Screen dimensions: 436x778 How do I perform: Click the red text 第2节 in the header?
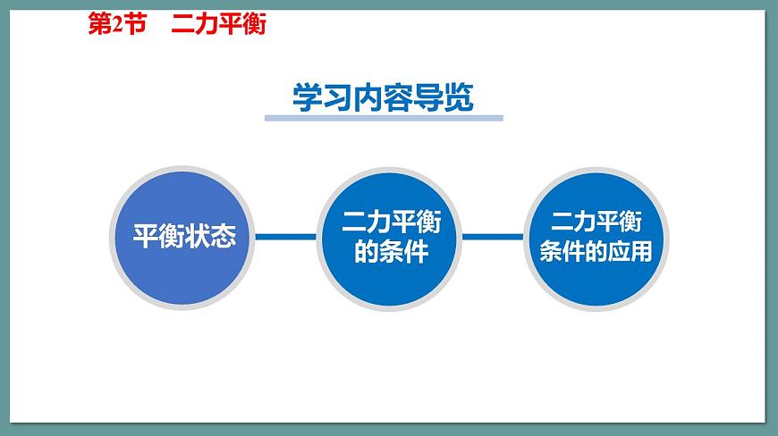(116, 25)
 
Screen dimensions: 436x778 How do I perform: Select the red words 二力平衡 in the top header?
(218, 25)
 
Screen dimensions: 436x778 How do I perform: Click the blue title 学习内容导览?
(383, 97)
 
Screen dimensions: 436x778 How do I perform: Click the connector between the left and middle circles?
(286, 237)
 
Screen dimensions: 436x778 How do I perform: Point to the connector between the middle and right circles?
(493, 237)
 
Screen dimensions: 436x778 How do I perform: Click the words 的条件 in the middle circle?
(391, 253)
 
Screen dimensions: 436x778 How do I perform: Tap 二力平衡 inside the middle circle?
(391, 222)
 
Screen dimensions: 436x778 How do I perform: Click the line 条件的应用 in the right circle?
(596, 252)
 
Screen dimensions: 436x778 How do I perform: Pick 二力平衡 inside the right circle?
(596, 222)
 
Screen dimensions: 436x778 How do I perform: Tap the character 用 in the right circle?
(640, 252)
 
